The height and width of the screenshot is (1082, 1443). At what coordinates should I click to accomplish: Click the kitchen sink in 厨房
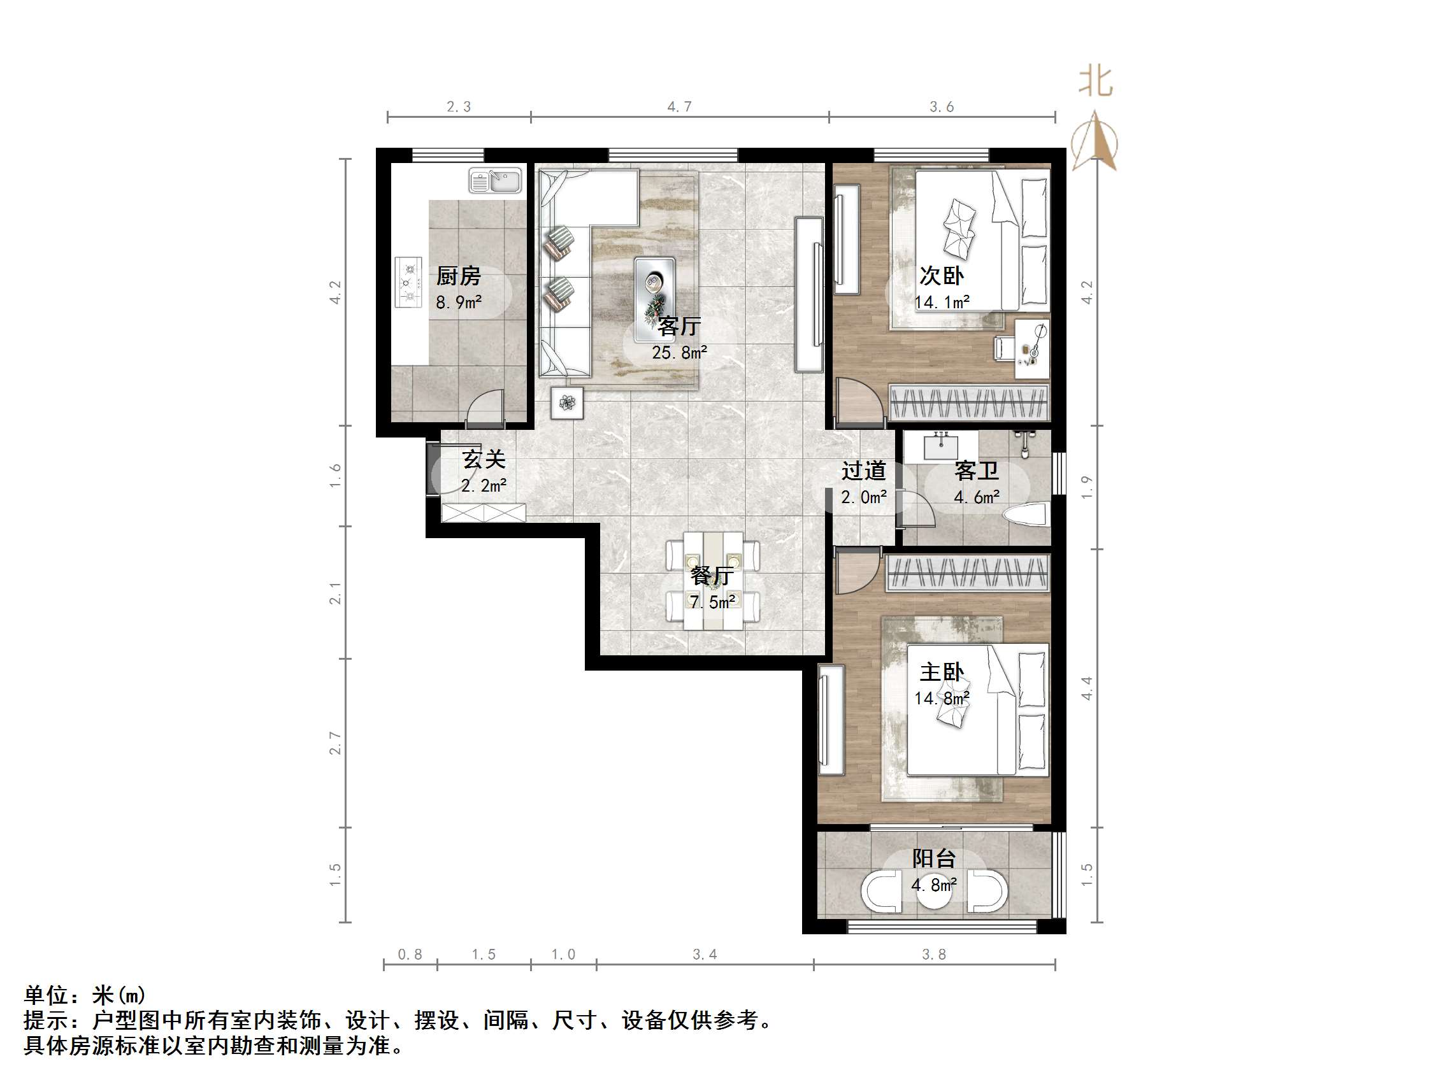click(x=496, y=181)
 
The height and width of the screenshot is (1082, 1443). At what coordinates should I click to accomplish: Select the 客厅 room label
click(x=679, y=326)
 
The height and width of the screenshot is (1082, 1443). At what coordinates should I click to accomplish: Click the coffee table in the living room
click(x=654, y=289)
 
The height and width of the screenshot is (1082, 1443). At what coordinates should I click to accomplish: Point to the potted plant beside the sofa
click(x=567, y=403)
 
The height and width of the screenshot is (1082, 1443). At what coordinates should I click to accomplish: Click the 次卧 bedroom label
click(x=942, y=276)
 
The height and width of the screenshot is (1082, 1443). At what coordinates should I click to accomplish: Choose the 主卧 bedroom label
click(x=942, y=672)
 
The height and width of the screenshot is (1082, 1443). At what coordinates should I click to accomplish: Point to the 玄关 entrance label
click(x=484, y=459)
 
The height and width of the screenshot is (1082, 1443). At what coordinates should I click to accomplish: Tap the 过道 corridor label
click(x=863, y=470)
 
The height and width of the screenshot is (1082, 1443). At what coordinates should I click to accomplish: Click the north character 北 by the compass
click(x=1095, y=82)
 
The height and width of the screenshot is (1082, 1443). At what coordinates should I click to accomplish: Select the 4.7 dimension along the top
click(x=679, y=106)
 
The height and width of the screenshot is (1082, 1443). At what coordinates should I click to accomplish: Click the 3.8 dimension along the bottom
click(x=933, y=954)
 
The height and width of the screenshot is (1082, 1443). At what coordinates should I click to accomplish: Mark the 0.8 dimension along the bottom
click(x=410, y=954)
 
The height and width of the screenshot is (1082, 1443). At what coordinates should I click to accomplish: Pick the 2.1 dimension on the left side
click(x=335, y=593)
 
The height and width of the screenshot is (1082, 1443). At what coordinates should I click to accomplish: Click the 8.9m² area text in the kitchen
click(x=459, y=302)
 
